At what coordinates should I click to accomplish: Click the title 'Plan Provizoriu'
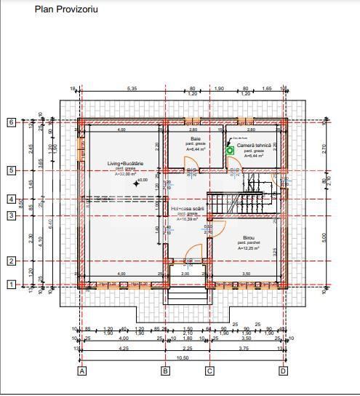[66, 10]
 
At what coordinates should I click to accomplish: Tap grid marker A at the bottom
[82, 371]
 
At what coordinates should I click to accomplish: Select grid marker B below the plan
[165, 371]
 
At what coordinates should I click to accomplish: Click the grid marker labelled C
[210, 371]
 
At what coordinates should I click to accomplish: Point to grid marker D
[283, 371]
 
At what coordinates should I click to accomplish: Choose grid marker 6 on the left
[12, 122]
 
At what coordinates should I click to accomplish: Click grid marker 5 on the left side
[12, 170]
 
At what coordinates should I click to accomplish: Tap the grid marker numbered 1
[12, 285]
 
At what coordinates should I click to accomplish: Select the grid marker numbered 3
[12, 215]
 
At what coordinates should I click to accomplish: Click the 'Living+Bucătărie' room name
[125, 164]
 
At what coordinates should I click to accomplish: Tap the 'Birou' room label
[249, 238]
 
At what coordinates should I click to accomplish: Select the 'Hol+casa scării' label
[187, 209]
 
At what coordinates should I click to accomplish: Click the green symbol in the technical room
[230, 151]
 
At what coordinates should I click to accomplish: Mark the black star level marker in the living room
[135, 183]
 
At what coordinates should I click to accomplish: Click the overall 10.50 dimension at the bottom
[183, 357]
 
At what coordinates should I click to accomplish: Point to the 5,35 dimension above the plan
[132, 88]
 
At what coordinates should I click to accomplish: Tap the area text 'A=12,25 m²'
[249, 248]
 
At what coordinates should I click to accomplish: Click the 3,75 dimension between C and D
[247, 348]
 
